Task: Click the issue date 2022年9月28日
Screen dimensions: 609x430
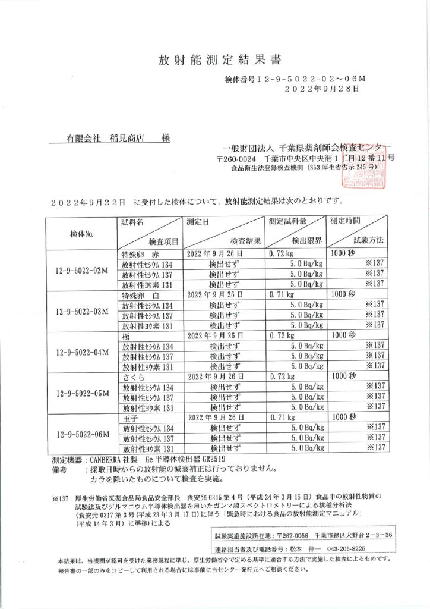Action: click(x=322, y=89)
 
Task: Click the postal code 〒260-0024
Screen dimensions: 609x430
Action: click(x=236, y=159)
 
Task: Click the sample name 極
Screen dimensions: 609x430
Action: click(x=126, y=335)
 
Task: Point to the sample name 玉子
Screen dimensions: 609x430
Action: click(x=129, y=417)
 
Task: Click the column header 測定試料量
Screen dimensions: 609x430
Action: click(x=287, y=221)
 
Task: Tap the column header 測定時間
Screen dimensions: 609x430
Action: click(x=346, y=221)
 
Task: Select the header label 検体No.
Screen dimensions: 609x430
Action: click(x=81, y=233)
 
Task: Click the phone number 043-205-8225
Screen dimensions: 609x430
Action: click(x=346, y=549)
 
